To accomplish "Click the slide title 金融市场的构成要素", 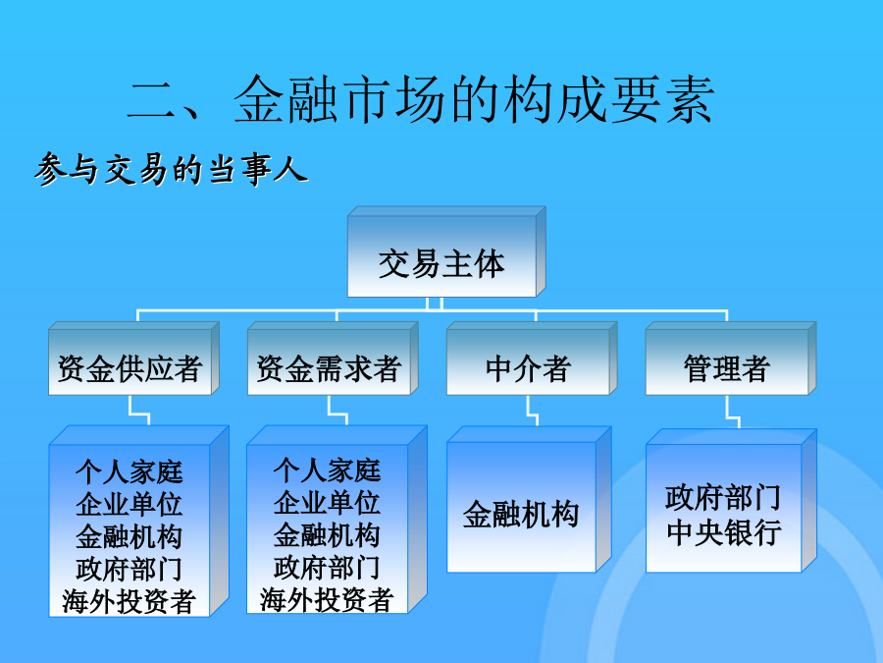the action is tap(474, 100).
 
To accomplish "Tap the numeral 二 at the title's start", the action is tap(151, 101).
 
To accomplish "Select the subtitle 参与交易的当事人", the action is tap(171, 168).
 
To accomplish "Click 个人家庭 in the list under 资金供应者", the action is tap(130, 471).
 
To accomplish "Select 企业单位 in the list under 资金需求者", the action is tap(327, 502).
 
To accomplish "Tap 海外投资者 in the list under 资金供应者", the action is tap(129, 601).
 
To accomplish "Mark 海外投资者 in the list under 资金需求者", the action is tap(327, 599).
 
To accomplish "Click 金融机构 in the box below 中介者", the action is tap(521, 514).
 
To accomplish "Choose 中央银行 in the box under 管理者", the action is tap(724, 532).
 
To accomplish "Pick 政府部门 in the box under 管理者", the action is tap(723, 498).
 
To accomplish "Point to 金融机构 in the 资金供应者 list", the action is tap(130, 536).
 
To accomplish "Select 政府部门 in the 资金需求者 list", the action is tap(327, 567).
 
